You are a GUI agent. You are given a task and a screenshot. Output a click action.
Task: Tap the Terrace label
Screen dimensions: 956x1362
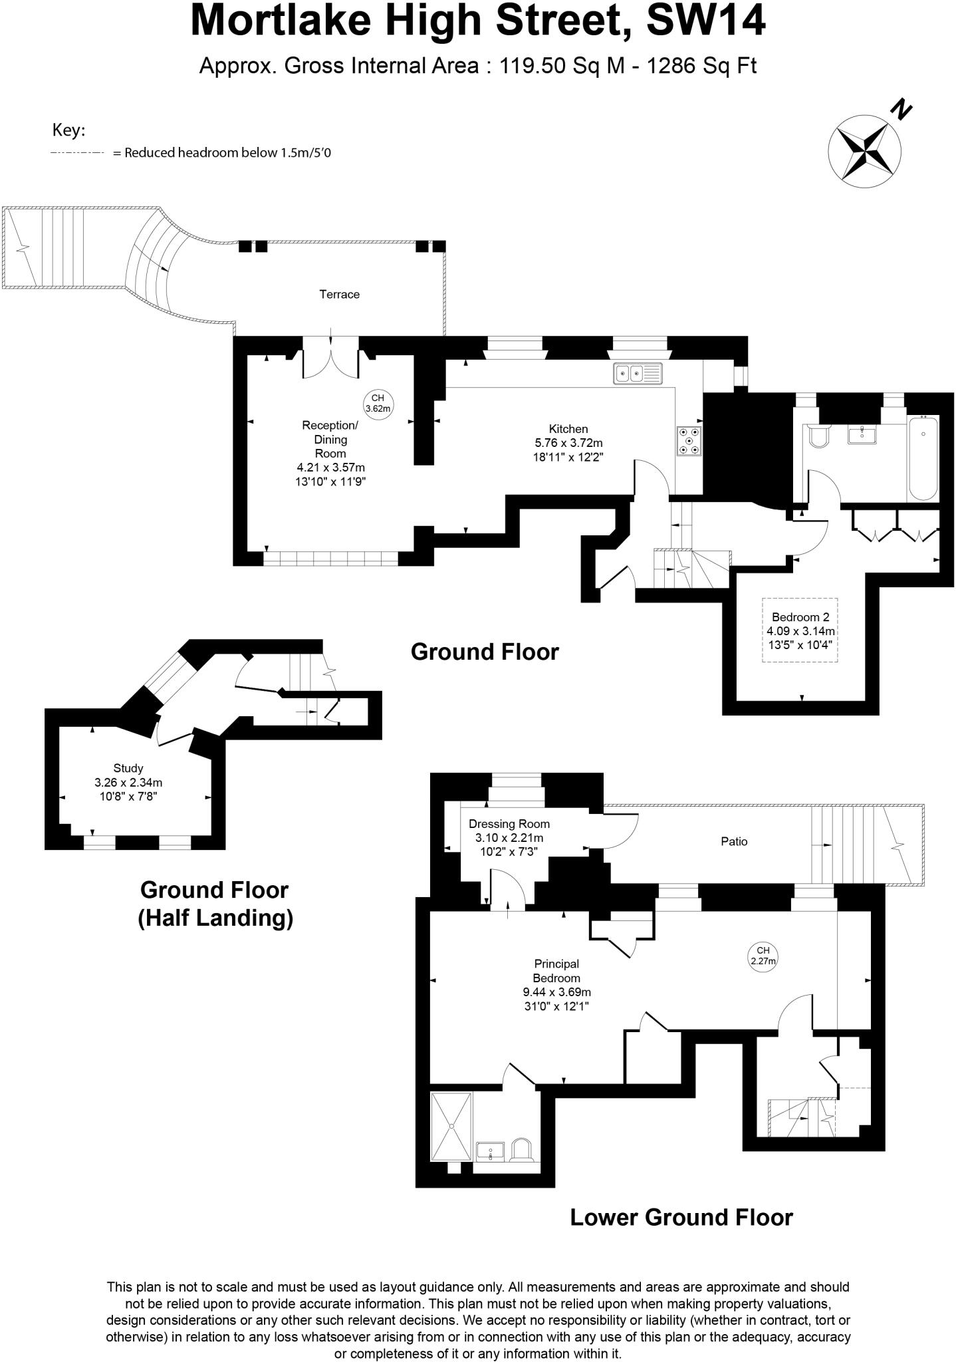[x=339, y=294]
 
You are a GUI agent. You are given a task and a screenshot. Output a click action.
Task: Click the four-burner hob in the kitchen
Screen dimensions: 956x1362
[x=689, y=440]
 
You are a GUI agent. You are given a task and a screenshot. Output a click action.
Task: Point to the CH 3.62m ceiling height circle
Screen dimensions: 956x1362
[x=378, y=403]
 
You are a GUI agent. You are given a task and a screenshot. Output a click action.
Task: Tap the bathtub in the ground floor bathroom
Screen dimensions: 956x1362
[x=923, y=458]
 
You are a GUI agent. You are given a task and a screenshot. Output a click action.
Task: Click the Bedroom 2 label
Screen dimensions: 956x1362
[x=800, y=617]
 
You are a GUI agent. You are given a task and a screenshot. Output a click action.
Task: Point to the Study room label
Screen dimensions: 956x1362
[x=128, y=768]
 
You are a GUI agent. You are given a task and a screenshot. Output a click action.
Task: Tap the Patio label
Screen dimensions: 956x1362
[x=734, y=841]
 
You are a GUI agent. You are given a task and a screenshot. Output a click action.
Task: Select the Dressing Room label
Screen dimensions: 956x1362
[x=509, y=824]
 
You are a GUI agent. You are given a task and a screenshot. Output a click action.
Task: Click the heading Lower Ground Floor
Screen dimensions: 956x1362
[x=681, y=1217]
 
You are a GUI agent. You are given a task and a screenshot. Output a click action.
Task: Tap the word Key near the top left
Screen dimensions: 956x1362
[x=68, y=131]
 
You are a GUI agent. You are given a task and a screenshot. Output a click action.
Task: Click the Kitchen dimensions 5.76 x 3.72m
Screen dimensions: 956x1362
[x=569, y=443]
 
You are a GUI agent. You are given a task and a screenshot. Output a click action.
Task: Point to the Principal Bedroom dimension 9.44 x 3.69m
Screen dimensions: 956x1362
[x=557, y=992]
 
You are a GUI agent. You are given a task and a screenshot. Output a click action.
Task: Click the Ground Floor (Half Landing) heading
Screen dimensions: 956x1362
[x=215, y=904]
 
